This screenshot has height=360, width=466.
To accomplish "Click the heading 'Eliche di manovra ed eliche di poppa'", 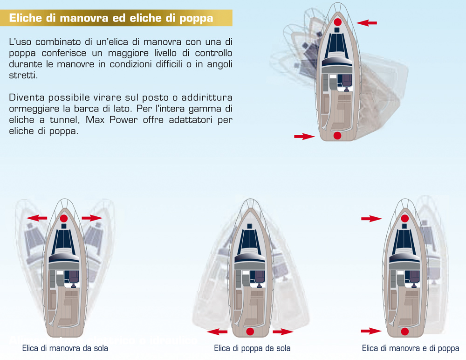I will tap(111, 19).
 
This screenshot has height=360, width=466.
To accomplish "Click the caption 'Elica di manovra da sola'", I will tap(65, 348).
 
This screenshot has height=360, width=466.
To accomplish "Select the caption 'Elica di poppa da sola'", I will tap(252, 348).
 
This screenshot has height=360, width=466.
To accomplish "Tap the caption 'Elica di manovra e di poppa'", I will tap(411, 348).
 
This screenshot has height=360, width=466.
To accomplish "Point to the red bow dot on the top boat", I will tap(338, 22).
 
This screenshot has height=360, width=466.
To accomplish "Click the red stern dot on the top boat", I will tap(338, 136).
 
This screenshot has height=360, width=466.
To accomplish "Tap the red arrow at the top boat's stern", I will tap(304, 136).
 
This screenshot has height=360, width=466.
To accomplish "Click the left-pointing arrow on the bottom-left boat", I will tap(36, 218).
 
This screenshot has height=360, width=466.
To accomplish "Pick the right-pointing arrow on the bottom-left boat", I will tap(92, 218).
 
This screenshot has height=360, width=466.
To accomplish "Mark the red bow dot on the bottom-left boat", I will tap(64, 218).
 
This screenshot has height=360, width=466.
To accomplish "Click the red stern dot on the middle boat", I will tap(250, 332).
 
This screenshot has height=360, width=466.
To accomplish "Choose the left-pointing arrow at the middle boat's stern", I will tap(217, 332).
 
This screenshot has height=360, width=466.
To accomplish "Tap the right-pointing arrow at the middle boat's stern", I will tap(283, 332).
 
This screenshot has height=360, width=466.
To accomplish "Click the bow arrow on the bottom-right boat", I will tap(371, 218).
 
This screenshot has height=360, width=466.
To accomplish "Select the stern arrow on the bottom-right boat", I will tap(371, 331).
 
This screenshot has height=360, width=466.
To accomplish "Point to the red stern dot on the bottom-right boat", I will tap(404, 331).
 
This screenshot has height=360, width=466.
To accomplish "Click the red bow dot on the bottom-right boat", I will tap(404, 218).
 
